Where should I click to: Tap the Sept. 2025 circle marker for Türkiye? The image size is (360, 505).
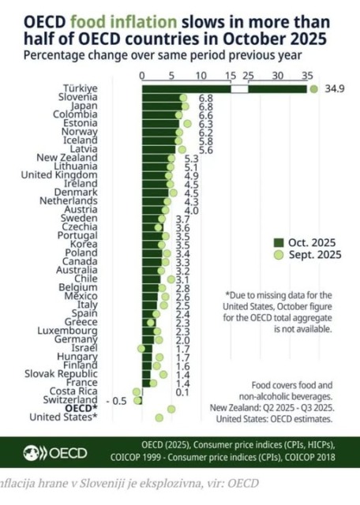click(x=314, y=89)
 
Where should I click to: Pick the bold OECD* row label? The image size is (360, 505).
click(x=80, y=409)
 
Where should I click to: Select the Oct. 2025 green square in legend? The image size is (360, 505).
click(x=277, y=242)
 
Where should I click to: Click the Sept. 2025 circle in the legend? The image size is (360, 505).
click(x=277, y=254)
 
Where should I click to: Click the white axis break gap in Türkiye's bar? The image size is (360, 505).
click(x=239, y=89)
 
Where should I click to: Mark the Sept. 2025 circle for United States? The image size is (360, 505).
click(x=159, y=417)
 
